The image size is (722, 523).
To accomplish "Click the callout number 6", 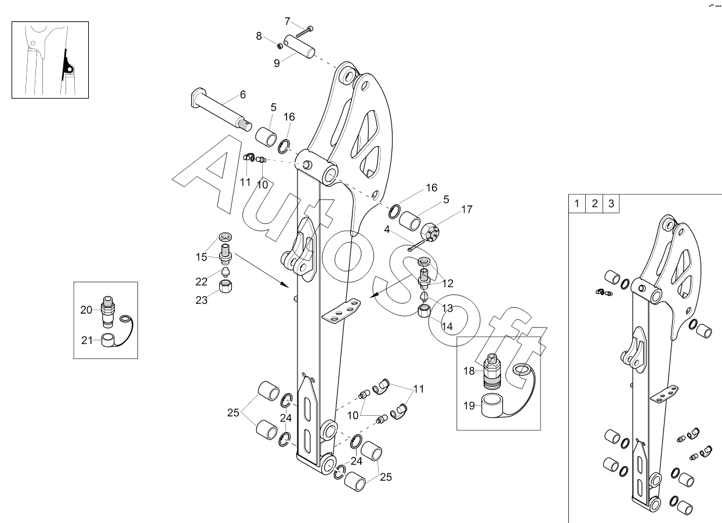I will pyautogui.click(x=242, y=95).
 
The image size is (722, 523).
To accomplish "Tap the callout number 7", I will pyautogui.click(x=288, y=21).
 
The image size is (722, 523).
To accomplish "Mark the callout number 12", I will pyautogui.click(x=448, y=284).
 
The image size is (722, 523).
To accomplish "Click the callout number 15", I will pyautogui.click(x=201, y=257).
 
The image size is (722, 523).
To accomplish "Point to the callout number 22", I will pyautogui.click(x=201, y=281).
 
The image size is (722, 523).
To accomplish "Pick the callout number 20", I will pyautogui.click(x=86, y=310).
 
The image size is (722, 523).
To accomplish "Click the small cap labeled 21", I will pyautogui.click(x=107, y=340).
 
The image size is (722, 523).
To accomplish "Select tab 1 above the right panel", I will pyautogui.click(x=577, y=204).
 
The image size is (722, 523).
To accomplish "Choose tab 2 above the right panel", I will pyautogui.click(x=594, y=204).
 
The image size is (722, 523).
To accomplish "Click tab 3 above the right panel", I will pyautogui.click(x=611, y=204).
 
